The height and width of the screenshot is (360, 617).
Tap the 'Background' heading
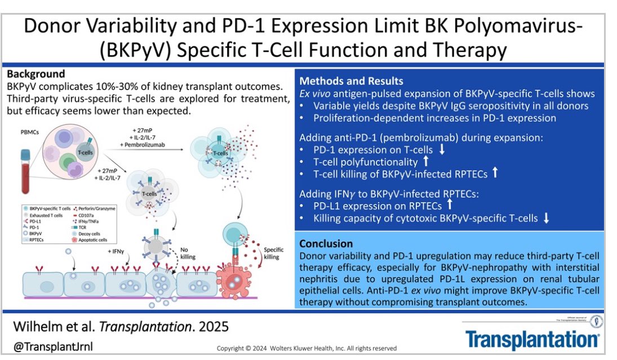pos(35,74)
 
